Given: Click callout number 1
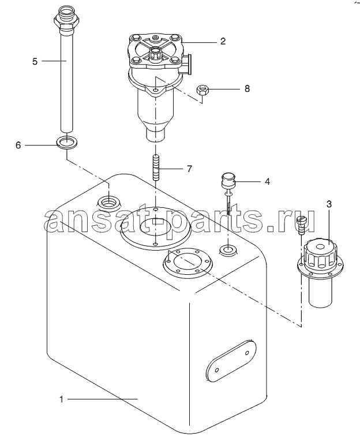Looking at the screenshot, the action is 61,400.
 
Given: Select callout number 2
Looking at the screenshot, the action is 223,42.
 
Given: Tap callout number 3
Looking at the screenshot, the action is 329,204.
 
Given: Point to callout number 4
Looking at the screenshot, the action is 267,181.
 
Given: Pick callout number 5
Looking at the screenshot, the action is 35,61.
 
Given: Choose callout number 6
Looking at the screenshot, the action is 18,146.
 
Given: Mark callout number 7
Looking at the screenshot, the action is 190,169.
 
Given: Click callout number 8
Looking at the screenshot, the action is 247,89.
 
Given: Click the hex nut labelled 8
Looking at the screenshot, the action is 202,90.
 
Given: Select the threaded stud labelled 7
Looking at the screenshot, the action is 156,168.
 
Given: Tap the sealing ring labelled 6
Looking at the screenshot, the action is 67,142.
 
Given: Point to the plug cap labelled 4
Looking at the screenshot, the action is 228,180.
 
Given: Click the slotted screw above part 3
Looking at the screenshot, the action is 301,223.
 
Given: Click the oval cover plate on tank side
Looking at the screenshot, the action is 231,361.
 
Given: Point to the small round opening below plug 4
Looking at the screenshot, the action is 228,249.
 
